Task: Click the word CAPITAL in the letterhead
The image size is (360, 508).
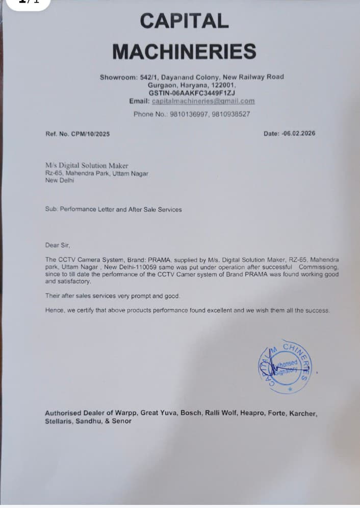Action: coord(184,21)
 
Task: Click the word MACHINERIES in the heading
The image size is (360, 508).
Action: coord(184,51)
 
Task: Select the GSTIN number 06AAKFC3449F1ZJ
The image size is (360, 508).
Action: coord(204,93)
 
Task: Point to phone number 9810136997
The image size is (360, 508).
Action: coord(186,114)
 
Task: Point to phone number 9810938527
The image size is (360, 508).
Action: coord(230,114)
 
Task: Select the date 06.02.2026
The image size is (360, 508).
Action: coord(298,133)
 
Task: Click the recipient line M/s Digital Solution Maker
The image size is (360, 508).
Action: coord(87,166)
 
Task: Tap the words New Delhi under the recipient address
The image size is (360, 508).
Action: coord(60,180)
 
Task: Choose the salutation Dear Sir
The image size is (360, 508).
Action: coord(57,245)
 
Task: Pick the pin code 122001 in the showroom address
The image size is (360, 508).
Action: coord(222,85)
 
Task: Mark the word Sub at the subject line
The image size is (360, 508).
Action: coord(51,209)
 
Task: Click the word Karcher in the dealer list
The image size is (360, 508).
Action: coord(303,413)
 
